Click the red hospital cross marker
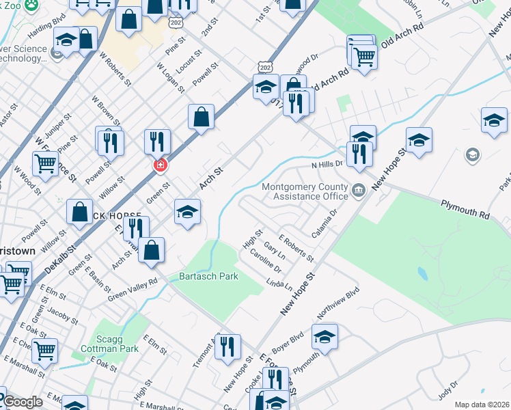(x=161, y=165)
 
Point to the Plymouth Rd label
(x=465, y=209)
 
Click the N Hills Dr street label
(x=327, y=165)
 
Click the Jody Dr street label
(x=448, y=392)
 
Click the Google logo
(x=23, y=402)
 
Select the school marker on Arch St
(x=187, y=211)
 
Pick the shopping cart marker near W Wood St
(x=45, y=163)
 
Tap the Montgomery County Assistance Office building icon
(x=358, y=191)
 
